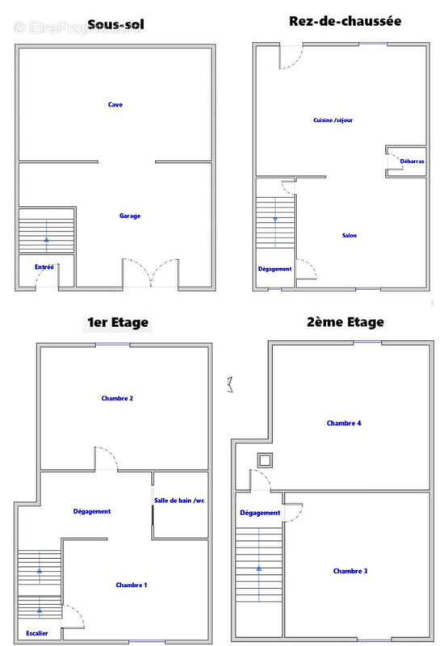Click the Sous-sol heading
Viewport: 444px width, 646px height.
(115, 25)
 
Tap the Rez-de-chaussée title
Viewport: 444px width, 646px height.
(346, 21)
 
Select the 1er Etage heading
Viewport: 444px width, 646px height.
(117, 322)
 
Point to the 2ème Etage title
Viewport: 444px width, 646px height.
(346, 321)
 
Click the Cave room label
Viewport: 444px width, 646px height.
(115, 105)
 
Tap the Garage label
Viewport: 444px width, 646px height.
(130, 216)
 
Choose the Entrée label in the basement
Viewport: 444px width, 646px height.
(44, 267)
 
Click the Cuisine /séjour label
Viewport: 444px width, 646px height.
(333, 120)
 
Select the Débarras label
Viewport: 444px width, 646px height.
(412, 161)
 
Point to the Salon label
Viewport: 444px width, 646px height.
(350, 235)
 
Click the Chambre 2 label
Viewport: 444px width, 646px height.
(117, 398)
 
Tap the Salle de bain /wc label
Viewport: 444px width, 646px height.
(179, 501)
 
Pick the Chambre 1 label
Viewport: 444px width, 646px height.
(132, 585)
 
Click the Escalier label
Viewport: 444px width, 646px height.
(36, 633)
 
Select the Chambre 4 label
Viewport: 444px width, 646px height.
(344, 423)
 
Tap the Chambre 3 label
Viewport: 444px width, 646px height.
(350, 571)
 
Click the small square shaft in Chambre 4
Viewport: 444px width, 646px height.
(265, 460)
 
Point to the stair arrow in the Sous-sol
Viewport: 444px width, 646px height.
(47, 235)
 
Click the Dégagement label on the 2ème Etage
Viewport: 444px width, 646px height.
(260, 513)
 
